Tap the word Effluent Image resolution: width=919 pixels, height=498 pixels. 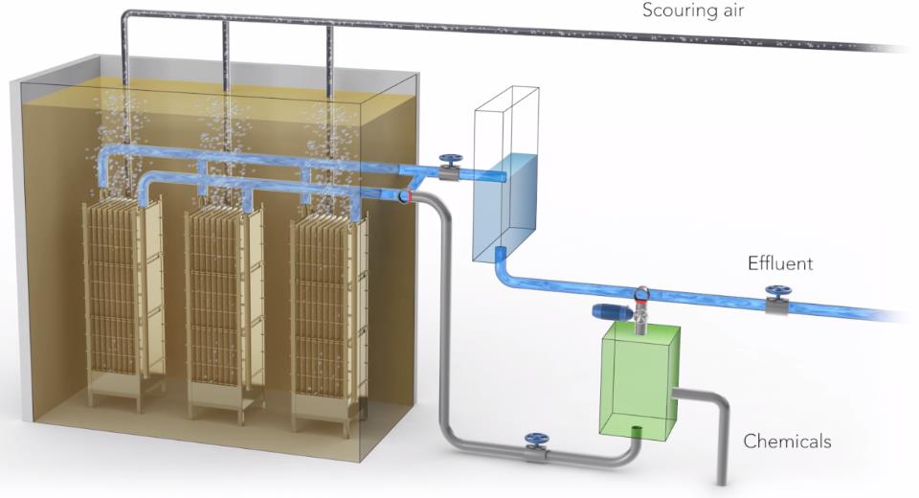(x=780, y=262)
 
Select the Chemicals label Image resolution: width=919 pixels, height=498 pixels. (x=787, y=441)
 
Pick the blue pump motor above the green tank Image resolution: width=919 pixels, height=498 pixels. (x=610, y=312)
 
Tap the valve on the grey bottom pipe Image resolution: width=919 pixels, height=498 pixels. (x=534, y=446)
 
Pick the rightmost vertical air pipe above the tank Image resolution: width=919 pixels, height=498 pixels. (x=331, y=53)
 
